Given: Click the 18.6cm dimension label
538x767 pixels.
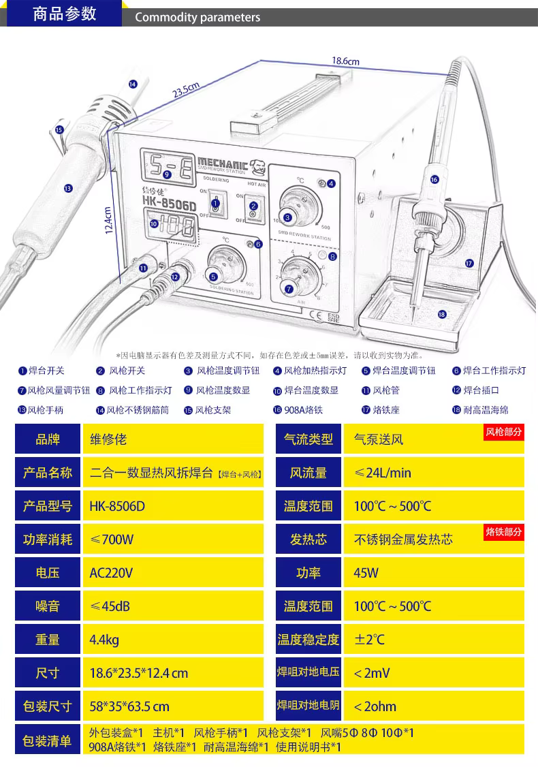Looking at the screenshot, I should [345, 61].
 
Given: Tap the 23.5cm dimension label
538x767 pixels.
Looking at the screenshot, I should [185, 90].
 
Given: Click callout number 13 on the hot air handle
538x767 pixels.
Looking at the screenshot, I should [67, 189].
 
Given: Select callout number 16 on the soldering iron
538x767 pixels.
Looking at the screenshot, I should [434, 179].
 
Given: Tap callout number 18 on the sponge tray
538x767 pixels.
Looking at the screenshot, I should [441, 314].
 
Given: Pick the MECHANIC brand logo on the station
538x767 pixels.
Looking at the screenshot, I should [223, 163].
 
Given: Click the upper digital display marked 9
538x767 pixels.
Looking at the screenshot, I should [167, 164].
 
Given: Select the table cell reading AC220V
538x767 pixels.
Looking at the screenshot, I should [112, 573].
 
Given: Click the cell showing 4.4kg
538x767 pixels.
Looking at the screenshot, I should [104, 640].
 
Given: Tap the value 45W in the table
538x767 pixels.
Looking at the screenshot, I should [366, 573].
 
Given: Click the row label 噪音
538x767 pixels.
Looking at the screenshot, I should [48, 606].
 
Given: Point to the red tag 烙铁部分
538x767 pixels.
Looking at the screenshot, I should [504, 531].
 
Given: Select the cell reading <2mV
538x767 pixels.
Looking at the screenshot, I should [372, 673].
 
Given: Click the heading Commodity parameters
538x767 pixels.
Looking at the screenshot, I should [197, 18].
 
